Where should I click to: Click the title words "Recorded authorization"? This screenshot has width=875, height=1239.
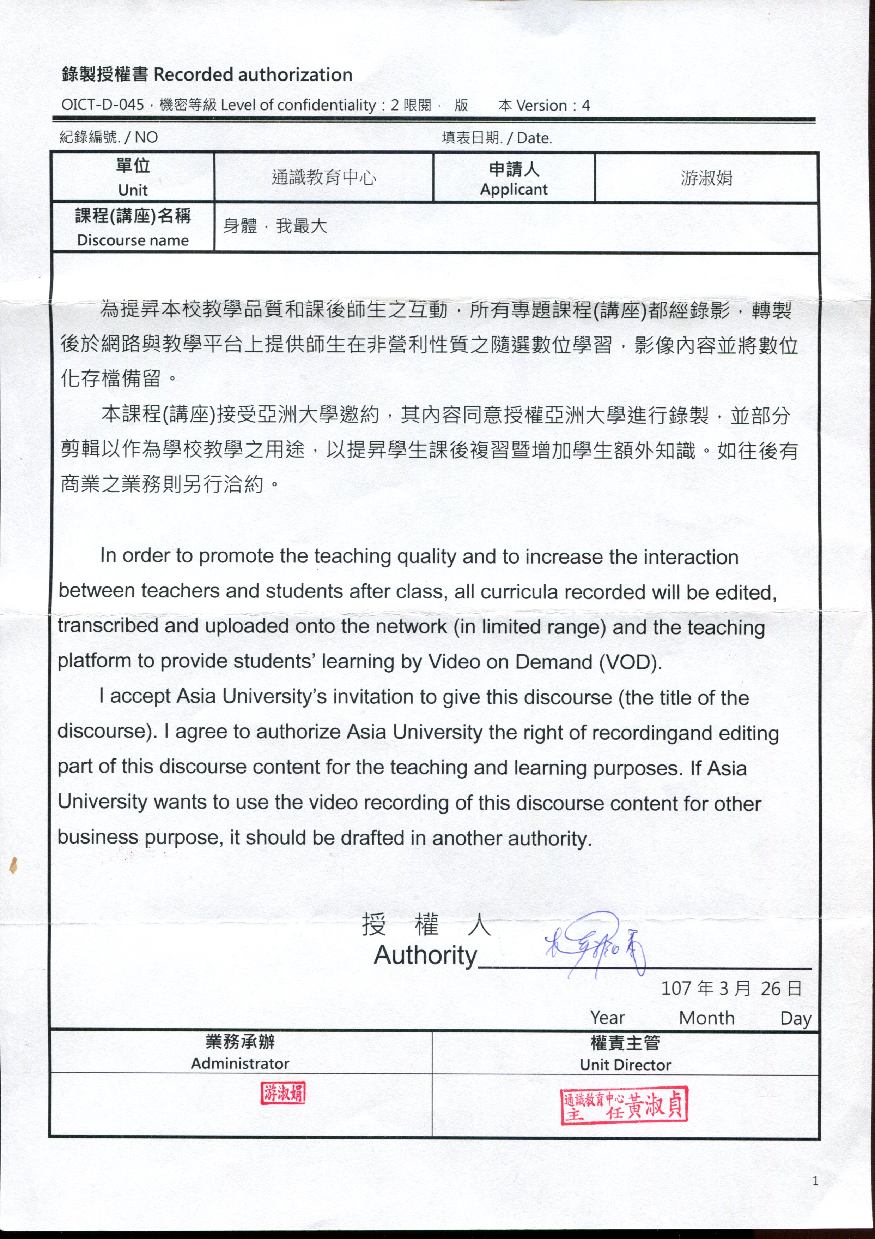coord(253,75)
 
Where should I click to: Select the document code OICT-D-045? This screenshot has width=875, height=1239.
coord(102,105)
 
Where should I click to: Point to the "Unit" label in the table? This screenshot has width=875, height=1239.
coord(133,190)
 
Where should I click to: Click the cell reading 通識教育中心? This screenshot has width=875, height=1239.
coord(323,178)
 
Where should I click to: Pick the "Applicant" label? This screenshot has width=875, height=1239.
coord(514,189)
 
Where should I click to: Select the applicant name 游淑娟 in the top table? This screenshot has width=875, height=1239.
coord(706,178)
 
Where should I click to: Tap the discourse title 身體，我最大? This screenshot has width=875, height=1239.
coord(275,226)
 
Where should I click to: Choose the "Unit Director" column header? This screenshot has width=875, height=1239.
coord(625,1065)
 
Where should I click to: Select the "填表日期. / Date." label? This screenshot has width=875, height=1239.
coord(497,138)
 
